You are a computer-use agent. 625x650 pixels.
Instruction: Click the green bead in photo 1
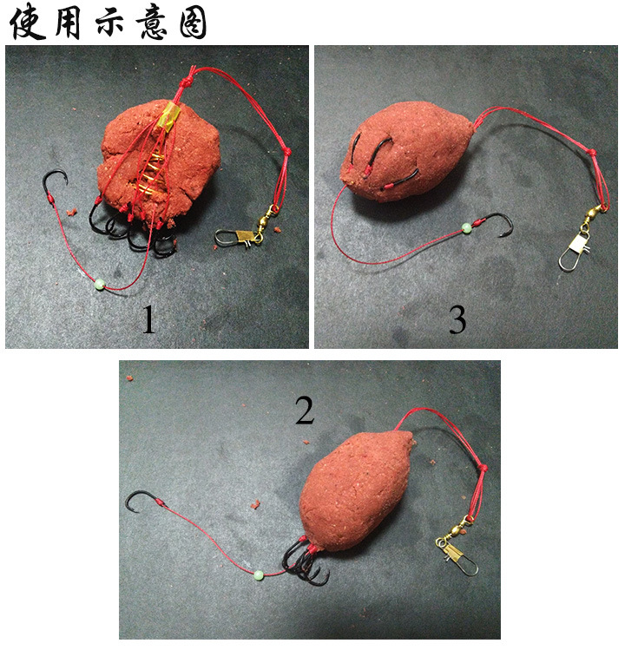100,284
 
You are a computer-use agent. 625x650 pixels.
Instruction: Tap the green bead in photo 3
467,227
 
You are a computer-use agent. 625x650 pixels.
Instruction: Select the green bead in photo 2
259,575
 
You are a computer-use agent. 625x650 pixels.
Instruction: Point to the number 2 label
305,410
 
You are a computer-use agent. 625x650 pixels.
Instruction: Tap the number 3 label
457,319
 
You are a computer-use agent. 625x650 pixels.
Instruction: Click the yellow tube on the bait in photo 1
168,116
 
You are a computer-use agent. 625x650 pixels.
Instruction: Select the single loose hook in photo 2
143,501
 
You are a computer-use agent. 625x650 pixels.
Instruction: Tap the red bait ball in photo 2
356,490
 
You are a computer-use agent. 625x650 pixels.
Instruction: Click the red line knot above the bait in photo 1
187,80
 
